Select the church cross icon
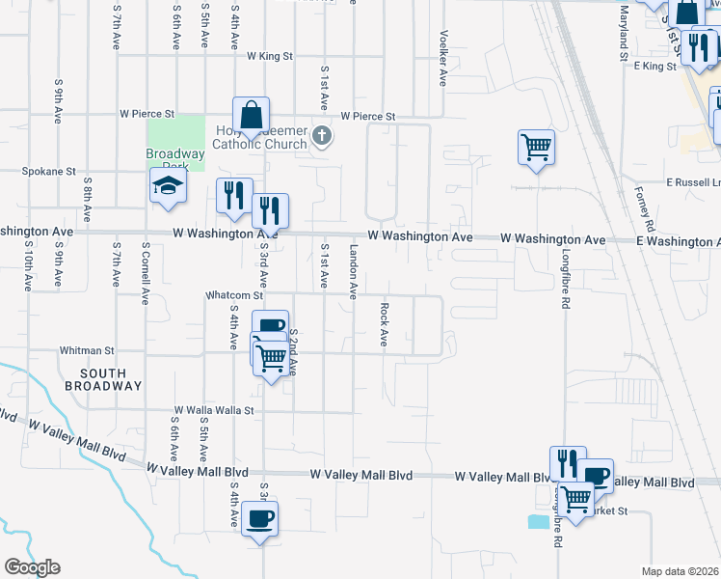(x=323, y=138)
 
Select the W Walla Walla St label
(x=213, y=410)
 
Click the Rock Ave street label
(x=384, y=325)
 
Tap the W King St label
(x=269, y=57)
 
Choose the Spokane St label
(x=49, y=172)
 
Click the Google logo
(x=32, y=567)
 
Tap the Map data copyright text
(x=679, y=571)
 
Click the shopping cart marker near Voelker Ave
(x=536, y=148)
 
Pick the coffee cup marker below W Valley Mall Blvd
(x=260, y=520)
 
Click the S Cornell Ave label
(x=146, y=263)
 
